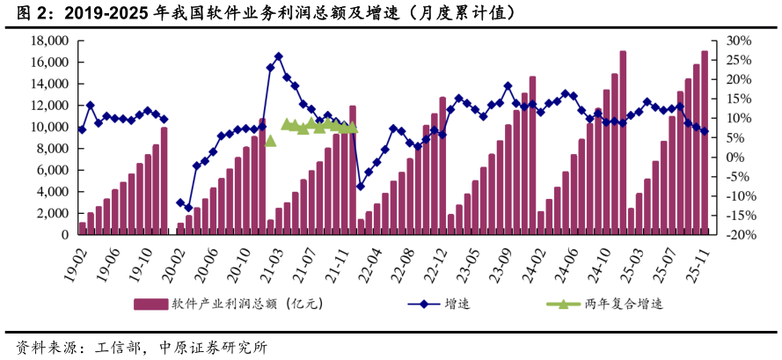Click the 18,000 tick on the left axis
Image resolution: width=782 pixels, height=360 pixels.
(50, 40)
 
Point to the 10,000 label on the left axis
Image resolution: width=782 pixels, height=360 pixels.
(50, 127)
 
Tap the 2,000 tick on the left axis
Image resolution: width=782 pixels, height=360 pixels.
(54, 213)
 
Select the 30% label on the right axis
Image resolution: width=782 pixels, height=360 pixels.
(739, 40)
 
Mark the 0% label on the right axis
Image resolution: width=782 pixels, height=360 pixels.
(735, 157)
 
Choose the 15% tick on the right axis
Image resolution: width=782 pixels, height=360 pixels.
(739, 99)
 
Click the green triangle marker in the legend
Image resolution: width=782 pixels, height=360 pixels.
(558, 304)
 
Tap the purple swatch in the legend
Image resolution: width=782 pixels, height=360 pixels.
(150, 305)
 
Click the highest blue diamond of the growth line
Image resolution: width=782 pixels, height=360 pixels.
(278, 56)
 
